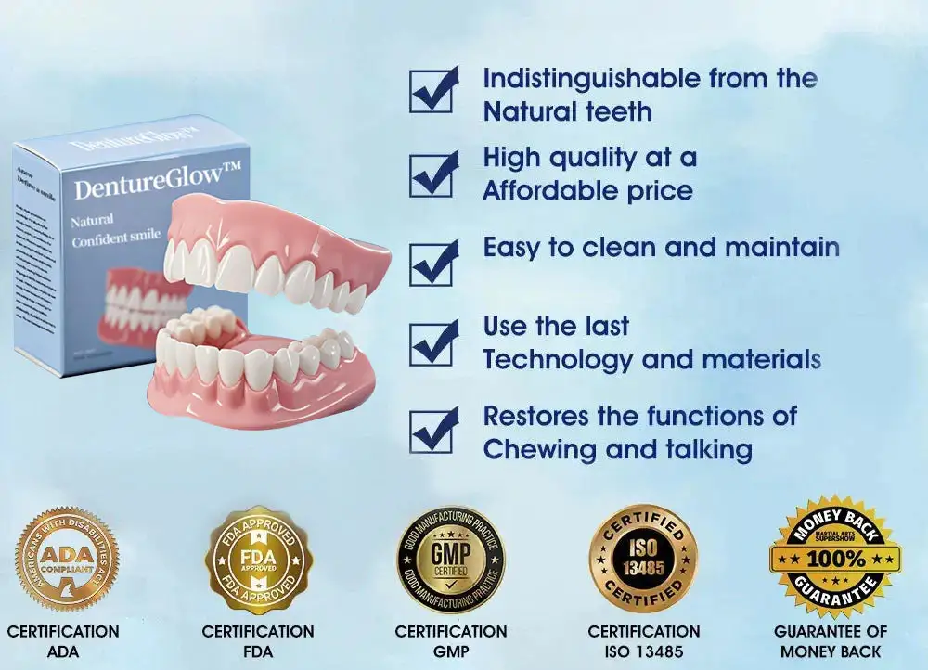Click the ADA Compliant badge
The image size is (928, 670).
click(x=65, y=558)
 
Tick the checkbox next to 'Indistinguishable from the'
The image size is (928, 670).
click(x=433, y=89)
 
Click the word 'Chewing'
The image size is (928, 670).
click(x=539, y=450)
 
